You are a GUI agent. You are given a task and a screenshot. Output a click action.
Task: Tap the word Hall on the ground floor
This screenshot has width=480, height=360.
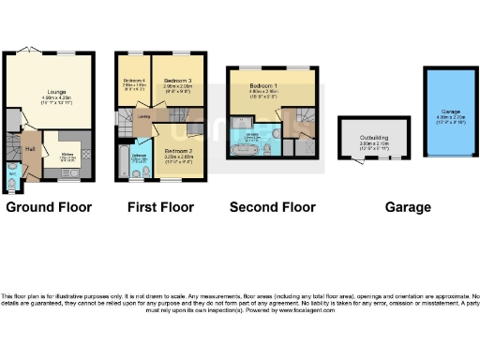pos(30,148)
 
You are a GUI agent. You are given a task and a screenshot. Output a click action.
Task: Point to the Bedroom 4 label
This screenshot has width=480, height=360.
pos(133,81)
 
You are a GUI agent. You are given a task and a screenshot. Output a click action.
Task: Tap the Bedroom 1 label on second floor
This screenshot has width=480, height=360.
pos(262,87)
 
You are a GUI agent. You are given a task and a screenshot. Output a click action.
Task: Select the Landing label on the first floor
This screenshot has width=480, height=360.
pos(144,117)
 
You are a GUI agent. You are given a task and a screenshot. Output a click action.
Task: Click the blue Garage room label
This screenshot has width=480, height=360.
pos(446,111)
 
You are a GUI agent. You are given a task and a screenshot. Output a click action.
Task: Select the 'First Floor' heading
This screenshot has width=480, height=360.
pos(160,206)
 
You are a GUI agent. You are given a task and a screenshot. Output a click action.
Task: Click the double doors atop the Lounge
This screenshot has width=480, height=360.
pos(32,52)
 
